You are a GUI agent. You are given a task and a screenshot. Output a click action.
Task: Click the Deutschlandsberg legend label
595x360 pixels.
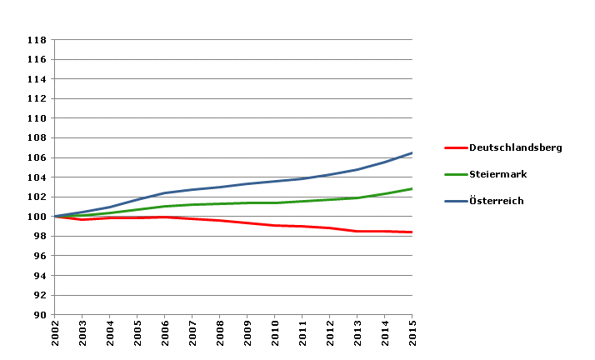(x=516, y=147)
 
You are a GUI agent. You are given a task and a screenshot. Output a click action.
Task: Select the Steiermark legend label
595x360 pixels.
(x=497, y=174)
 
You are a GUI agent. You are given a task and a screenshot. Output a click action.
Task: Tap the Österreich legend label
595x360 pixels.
(x=497, y=201)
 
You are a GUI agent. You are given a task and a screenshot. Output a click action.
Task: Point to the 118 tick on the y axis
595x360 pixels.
(x=36, y=39)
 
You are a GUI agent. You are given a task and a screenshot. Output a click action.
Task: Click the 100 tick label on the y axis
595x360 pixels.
(x=36, y=217)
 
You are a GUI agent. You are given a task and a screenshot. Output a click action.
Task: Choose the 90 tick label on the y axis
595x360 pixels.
(x=39, y=315)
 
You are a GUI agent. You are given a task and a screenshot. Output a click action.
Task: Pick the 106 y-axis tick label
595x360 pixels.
(x=36, y=157)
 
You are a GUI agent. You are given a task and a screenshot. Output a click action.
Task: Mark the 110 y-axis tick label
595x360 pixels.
(x=36, y=118)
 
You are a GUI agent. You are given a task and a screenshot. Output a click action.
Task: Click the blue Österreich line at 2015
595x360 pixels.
(x=412, y=153)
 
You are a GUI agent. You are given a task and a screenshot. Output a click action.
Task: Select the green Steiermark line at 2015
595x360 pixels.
(x=412, y=189)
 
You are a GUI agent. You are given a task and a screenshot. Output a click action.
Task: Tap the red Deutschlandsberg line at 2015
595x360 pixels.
(x=412, y=232)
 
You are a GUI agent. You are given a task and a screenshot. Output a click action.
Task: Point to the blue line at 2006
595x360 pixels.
(x=165, y=193)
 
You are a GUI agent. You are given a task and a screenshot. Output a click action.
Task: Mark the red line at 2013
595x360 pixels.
(x=357, y=231)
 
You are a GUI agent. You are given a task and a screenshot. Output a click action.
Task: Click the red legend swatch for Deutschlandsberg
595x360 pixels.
(x=455, y=147)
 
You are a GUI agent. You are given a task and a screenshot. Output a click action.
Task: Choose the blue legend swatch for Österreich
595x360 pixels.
(x=455, y=201)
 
